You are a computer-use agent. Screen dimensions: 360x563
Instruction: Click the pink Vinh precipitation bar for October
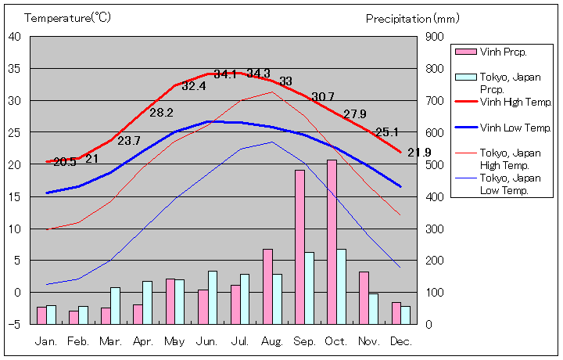point(332,242)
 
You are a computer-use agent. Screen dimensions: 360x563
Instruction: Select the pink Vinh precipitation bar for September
point(299,247)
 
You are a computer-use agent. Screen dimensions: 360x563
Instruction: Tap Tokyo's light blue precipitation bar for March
point(115,305)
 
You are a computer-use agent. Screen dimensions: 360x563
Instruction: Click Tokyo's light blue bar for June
point(213,297)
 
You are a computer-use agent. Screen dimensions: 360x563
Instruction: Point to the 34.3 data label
point(258,74)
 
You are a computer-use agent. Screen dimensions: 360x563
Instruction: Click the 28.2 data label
point(161,113)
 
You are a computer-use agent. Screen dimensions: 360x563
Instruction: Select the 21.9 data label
point(419,152)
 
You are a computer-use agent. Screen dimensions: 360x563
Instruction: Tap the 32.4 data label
point(193,86)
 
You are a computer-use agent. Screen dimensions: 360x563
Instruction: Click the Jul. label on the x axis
point(240,341)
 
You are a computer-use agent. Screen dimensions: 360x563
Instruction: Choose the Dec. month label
point(400,341)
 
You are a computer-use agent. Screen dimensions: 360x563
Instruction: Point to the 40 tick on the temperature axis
point(15,36)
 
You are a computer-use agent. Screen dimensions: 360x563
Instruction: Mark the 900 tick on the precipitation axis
point(435,36)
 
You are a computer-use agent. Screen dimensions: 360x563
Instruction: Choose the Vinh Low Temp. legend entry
point(515,128)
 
